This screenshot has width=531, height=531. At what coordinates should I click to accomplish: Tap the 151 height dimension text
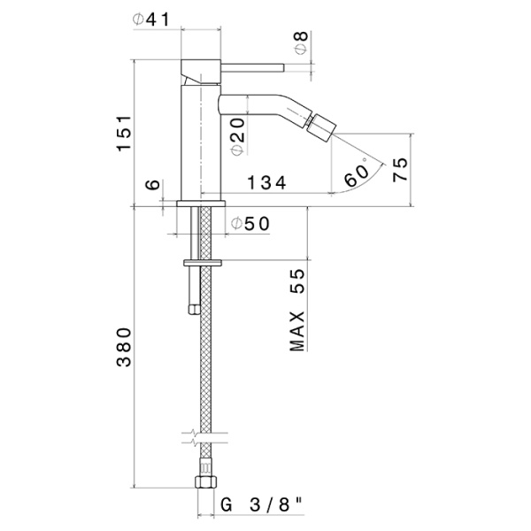coord(126,132)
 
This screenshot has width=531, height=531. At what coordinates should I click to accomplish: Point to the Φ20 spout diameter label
coord(237,136)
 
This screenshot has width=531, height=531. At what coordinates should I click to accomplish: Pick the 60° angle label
coord(357,174)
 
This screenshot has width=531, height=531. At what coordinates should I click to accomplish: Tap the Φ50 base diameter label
coord(250,225)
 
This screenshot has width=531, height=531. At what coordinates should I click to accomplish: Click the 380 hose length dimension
coord(126,347)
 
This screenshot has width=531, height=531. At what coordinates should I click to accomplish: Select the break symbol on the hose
coord(202,435)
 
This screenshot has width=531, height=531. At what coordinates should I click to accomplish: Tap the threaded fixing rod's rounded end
coord(192,308)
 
